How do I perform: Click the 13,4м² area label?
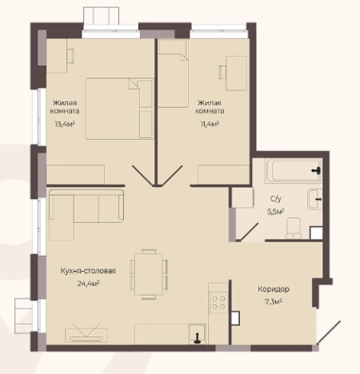click(x=65, y=124)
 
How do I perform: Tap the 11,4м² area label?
click(x=210, y=124)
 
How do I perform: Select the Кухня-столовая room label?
click(x=88, y=271)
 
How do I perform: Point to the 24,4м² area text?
click(x=88, y=284)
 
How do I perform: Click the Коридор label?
click(x=274, y=289)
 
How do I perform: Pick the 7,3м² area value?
click(x=274, y=302)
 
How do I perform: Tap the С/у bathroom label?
click(x=276, y=199)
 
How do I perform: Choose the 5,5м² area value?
click(x=275, y=212)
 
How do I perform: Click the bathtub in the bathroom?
click(x=294, y=170)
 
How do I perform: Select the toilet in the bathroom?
click(x=294, y=228)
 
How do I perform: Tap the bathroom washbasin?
click(x=315, y=199)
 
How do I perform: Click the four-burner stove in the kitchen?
click(x=218, y=302)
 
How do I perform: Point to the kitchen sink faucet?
click(x=198, y=338)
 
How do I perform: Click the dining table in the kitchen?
click(x=149, y=274)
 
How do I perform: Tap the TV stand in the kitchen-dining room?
click(x=86, y=335)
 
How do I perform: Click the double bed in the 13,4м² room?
click(x=119, y=109)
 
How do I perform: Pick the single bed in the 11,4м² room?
click(x=173, y=74)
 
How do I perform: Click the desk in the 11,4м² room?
click(x=236, y=73)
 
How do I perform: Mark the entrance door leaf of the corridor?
click(x=329, y=332)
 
